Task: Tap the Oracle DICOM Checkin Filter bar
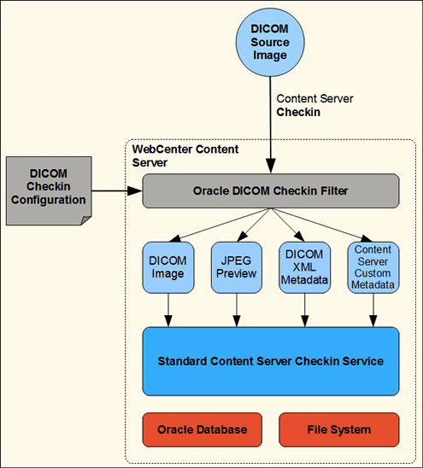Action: tap(270, 190)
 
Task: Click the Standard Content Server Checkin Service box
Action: tap(270, 361)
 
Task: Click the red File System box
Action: tap(338, 430)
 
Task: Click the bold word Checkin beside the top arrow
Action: tap(298, 112)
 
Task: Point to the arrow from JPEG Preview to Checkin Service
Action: tap(236, 310)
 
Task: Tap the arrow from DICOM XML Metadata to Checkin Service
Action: tap(304, 310)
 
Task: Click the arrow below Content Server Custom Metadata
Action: tap(373, 310)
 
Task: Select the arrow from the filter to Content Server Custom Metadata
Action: tap(321, 225)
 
